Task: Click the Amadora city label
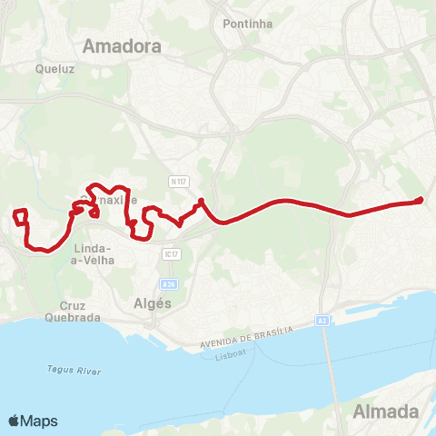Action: point(121,46)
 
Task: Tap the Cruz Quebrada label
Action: point(72,312)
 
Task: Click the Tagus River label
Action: point(62,371)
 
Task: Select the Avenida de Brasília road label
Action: point(245,339)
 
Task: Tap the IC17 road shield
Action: point(170,252)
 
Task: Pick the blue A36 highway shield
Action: point(169,283)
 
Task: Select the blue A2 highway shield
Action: point(322,321)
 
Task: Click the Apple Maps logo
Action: point(33,421)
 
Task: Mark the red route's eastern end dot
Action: point(419,201)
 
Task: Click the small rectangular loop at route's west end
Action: point(20,216)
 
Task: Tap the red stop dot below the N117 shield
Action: point(200,202)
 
